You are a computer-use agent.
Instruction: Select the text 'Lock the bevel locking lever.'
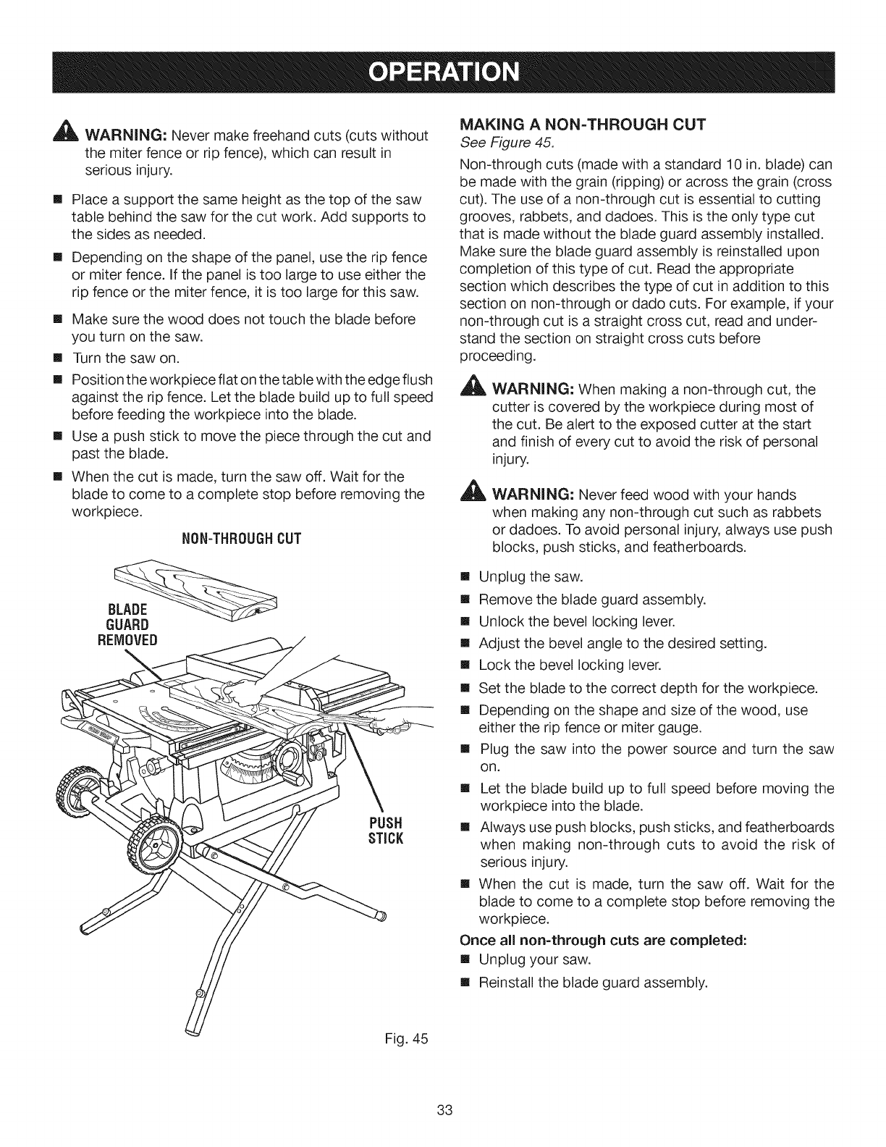[x=571, y=665]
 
